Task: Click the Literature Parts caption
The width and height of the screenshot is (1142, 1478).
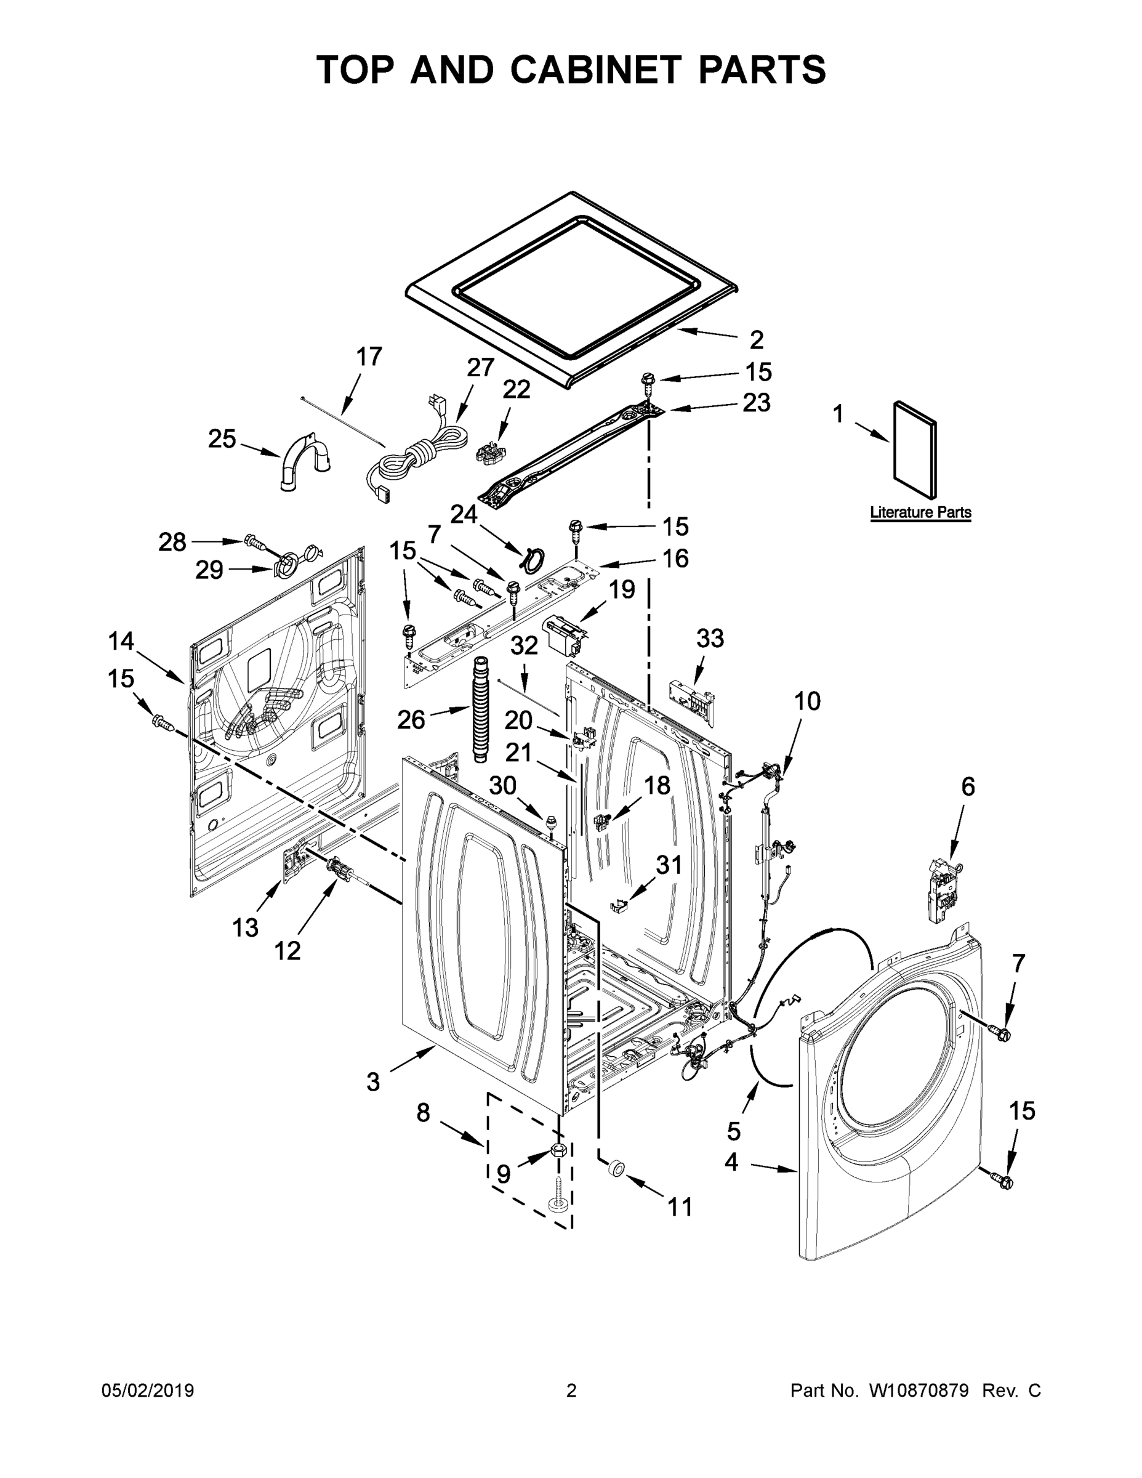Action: click(x=920, y=512)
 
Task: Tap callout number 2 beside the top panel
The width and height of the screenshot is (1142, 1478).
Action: click(x=757, y=339)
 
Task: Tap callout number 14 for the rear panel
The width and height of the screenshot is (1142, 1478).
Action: click(x=121, y=640)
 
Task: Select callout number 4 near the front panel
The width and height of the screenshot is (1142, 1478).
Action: click(x=731, y=1162)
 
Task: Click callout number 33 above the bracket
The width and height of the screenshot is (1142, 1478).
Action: click(x=710, y=637)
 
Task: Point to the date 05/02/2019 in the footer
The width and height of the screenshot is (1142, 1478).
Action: click(x=148, y=1390)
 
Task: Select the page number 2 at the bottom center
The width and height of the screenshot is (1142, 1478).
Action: click(x=571, y=1390)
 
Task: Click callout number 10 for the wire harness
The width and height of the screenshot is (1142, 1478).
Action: click(x=806, y=701)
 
